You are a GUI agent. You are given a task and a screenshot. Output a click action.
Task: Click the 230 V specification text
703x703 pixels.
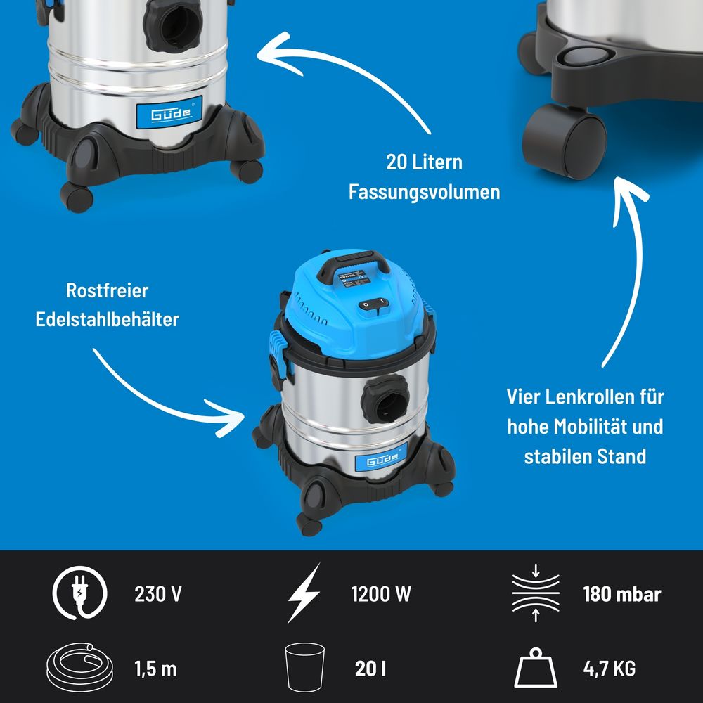[x=157, y=594]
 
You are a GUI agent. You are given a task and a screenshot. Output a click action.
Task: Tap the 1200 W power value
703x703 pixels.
[x=381, y=594]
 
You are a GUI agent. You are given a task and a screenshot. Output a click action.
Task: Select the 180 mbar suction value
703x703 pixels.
[x=622, y=594]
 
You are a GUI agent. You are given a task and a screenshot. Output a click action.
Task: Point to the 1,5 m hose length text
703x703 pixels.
[x=155, y=669]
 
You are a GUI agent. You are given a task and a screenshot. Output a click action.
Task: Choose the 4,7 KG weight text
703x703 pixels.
[x=610, y=669]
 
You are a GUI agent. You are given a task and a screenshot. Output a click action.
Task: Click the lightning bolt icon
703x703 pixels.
[x=304, y=593]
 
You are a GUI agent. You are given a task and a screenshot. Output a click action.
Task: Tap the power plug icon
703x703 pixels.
[x=80, y=593]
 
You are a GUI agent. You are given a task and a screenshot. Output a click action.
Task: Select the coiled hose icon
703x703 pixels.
[x=80, y=667]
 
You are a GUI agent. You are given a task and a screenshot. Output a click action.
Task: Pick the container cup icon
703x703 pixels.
[x=305, y=667]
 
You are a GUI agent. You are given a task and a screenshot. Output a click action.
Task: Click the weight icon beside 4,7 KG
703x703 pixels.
[x=536, y=668]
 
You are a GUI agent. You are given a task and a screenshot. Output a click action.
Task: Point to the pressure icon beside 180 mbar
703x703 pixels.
[x=536, y=593]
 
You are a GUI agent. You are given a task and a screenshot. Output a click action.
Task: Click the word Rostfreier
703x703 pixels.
[x=107, y=290]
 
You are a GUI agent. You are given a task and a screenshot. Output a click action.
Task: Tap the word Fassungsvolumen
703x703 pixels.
[x=424, y=192]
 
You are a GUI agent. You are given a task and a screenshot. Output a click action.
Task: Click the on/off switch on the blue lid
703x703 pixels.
[x=373, y=305]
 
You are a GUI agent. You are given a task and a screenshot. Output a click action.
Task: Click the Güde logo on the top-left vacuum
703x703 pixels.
[x=169, y=112]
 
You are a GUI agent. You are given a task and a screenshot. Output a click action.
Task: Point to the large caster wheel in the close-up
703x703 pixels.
[x=564, y=142]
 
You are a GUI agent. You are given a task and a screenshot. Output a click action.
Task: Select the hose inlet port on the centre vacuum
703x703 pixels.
[x=385, y=399]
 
